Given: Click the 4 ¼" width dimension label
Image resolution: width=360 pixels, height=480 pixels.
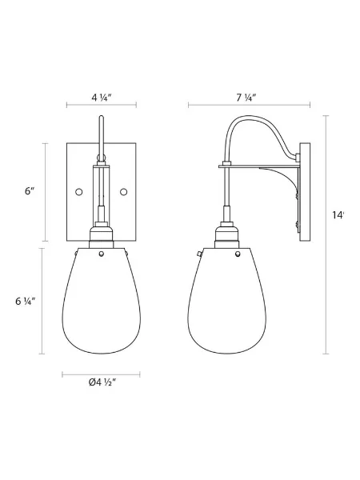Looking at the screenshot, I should pos(101,98).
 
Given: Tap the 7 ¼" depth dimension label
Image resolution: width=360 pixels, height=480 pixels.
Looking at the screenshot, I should pos(246,98).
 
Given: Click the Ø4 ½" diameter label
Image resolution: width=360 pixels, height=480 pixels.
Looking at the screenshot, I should pos(101,382).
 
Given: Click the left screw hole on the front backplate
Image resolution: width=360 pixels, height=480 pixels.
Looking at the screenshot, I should pos(78,192).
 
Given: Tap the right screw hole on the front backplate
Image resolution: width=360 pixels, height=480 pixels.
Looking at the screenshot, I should pos(123,192).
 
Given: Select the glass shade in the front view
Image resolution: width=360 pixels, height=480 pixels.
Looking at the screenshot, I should pos(101,304).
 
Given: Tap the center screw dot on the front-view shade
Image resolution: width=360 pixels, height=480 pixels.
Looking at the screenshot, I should pos(101,254).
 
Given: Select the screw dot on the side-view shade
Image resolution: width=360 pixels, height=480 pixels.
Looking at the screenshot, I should pos(239,255).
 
